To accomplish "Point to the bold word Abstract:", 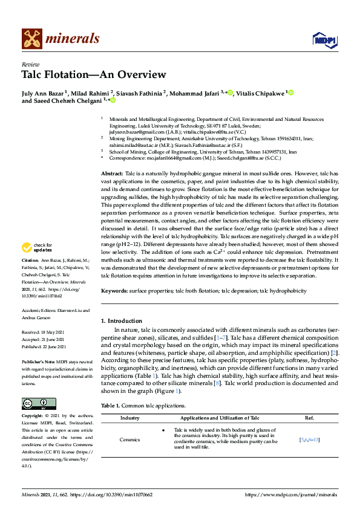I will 112,173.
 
